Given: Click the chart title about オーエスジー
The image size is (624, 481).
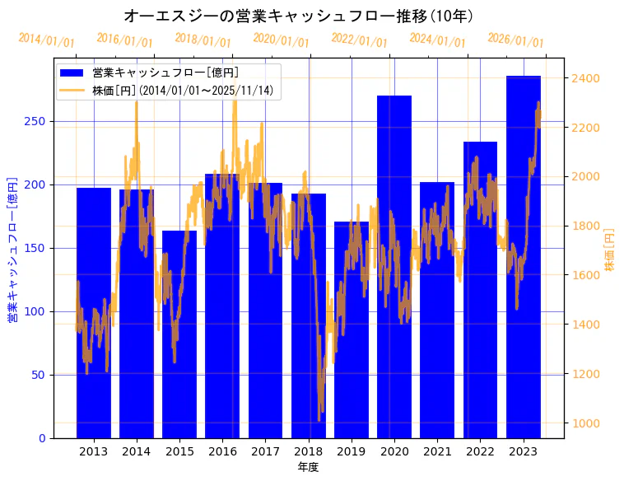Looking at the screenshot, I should [x=298, y=16].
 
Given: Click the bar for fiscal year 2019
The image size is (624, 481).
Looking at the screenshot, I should [x=352, y=329].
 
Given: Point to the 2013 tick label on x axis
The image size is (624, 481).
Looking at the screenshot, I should [x=93, y=451].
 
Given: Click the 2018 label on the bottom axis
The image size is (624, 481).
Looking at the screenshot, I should [x=308, y=451].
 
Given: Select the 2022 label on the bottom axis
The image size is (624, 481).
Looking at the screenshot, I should [x=480, y=451].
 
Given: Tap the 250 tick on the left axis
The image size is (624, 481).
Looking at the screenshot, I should [x=37, y=121].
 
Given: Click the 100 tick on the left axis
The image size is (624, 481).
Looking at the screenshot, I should [x=37, y=311].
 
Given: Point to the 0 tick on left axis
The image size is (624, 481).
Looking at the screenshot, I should [x=43, y=438].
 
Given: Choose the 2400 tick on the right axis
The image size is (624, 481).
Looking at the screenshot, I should [x=586, y=78].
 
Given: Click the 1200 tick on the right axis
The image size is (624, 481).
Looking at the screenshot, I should [x=586, y=374].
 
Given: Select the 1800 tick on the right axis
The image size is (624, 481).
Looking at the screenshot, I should [x=586, y=226].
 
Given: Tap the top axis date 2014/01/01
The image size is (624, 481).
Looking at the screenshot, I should [x=47, y=40].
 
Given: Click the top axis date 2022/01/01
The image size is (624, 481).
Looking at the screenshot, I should [x=360, y=40].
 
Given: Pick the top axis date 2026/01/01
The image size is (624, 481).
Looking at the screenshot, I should [x=516, y=40].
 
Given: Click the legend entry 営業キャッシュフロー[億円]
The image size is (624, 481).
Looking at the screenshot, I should [x=165, y=72].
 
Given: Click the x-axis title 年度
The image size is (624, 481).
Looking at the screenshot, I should [x=308, y=467].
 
